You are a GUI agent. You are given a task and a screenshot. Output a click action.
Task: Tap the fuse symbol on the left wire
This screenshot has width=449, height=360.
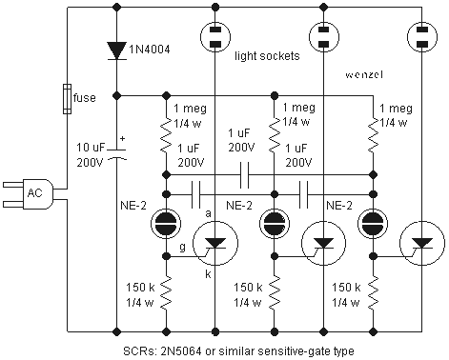(67, 99)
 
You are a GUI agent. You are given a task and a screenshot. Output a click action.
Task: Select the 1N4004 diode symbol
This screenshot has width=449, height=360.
(116, 50)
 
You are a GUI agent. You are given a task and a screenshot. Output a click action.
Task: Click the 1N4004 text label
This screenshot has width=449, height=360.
(150, 50)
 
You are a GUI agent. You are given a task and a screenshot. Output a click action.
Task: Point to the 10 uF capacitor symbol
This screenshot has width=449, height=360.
(116, 153)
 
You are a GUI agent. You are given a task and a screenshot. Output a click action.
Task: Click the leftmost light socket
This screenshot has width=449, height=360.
(215, 36)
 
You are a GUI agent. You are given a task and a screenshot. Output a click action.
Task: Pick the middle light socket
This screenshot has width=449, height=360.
(323, 36)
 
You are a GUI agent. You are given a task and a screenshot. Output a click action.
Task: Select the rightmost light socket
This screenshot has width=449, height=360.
(421, 36)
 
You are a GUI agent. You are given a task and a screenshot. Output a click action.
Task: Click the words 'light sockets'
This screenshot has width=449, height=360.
(267, 56)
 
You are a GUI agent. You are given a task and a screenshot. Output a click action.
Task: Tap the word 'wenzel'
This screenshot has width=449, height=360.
(364, 74)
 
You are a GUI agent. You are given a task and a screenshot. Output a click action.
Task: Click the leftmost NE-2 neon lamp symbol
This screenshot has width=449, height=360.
(166, 224)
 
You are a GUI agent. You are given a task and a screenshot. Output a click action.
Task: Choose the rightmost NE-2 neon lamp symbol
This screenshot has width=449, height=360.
(373, 224)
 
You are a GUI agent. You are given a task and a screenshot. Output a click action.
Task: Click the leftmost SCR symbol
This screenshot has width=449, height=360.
(215, 244)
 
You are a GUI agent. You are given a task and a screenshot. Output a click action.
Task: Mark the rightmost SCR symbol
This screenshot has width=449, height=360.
(422, 244)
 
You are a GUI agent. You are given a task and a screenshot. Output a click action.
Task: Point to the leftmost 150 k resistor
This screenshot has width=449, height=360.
(166, 292)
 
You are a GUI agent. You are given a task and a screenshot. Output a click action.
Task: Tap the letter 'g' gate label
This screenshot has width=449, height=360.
(182, 247)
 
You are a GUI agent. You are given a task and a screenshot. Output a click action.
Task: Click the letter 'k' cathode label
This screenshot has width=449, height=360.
(208, 273)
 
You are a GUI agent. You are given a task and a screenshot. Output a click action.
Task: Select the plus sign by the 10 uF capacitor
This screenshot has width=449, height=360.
(123, 139)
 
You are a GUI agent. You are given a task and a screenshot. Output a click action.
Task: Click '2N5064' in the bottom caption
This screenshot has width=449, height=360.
(177, 351)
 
